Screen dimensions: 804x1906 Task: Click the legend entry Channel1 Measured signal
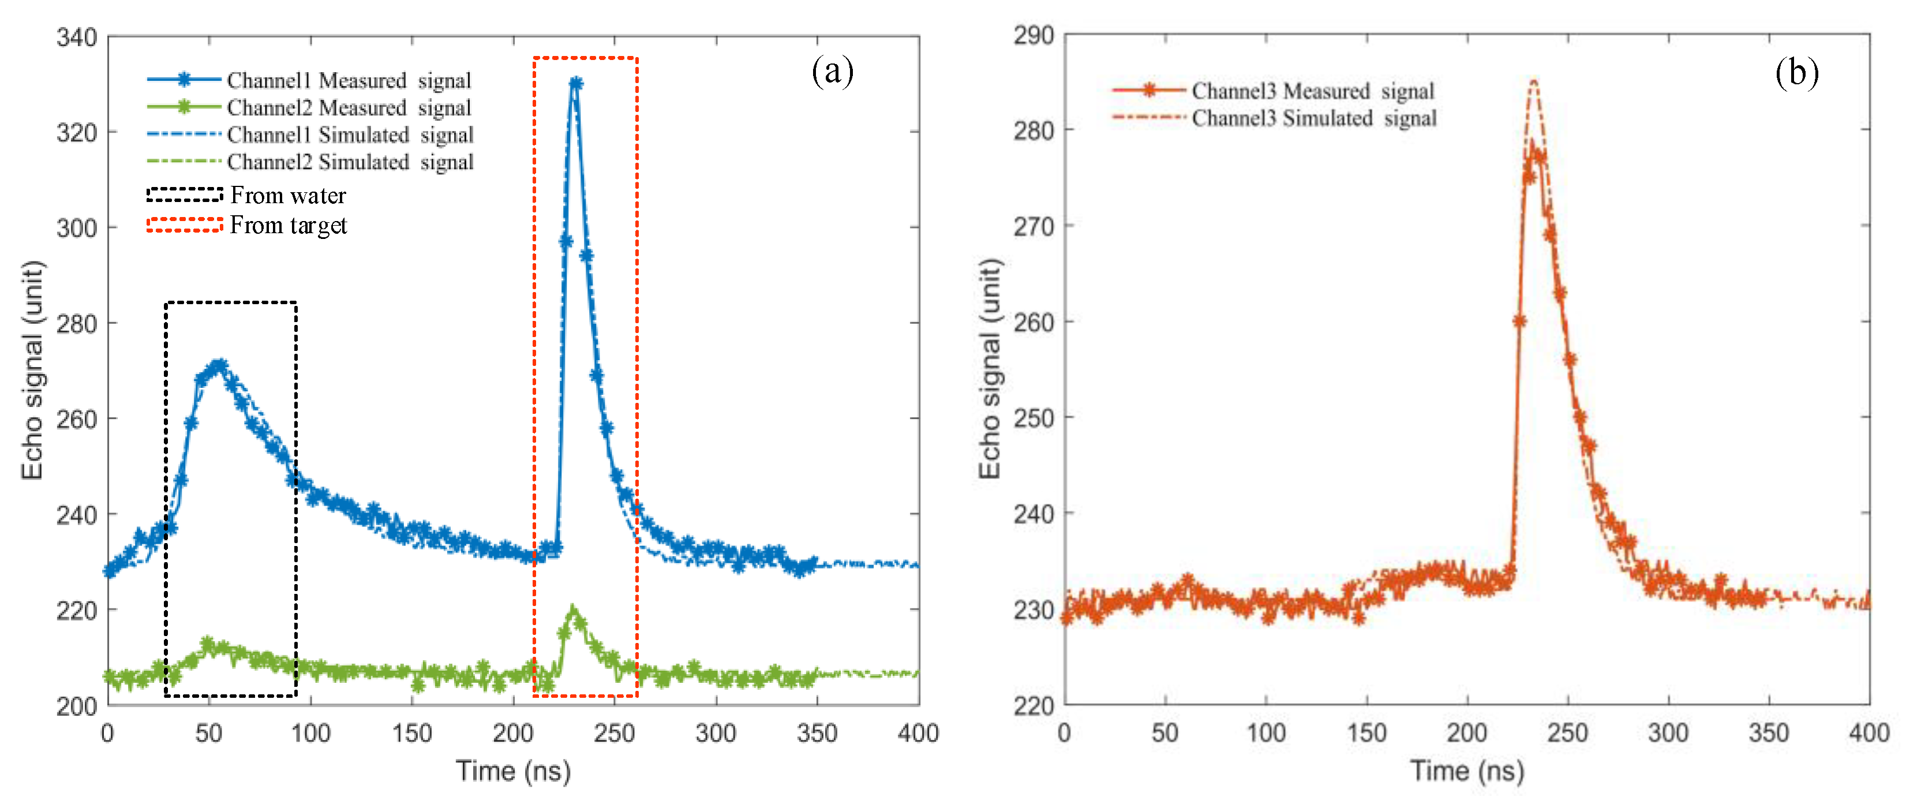coord(349,80)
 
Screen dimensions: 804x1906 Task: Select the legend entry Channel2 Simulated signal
coord(350,162)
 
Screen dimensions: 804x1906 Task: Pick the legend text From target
coord(288,225)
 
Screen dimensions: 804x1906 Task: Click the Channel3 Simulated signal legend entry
coord(1313,118)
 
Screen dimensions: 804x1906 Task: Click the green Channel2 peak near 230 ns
coord(572,611)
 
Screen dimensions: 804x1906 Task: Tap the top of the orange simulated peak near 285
coord(1534,81)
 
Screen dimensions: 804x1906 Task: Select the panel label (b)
coord(1796,73)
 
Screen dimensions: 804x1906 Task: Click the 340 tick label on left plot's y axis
coord(76,37)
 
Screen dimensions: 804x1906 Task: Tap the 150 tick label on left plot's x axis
coord(411,733)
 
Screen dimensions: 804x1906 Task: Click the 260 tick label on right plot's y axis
coord(1033,322)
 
